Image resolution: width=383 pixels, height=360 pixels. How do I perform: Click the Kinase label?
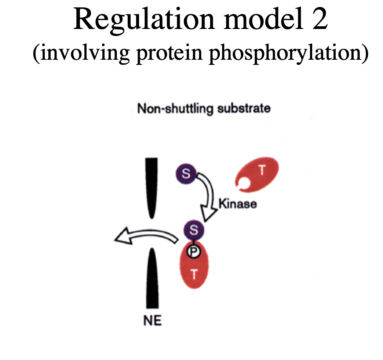point(237,203)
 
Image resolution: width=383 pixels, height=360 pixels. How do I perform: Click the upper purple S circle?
point(186,173)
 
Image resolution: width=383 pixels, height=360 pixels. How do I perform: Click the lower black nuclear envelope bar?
point(152,279)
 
